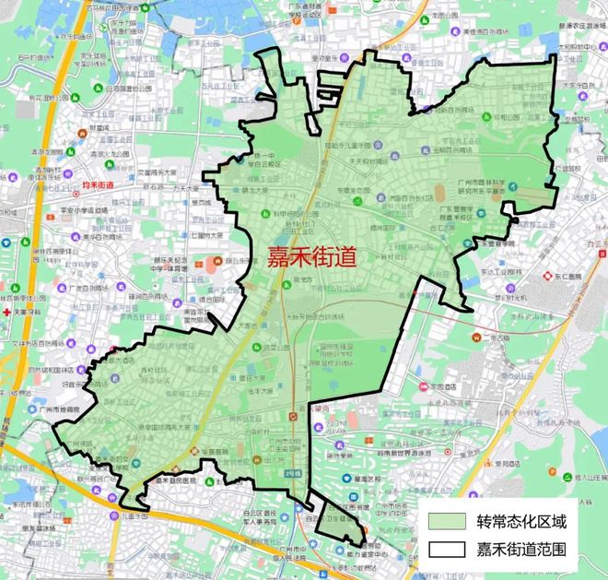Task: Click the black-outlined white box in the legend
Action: point(446,550)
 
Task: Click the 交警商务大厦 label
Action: point(146,172)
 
